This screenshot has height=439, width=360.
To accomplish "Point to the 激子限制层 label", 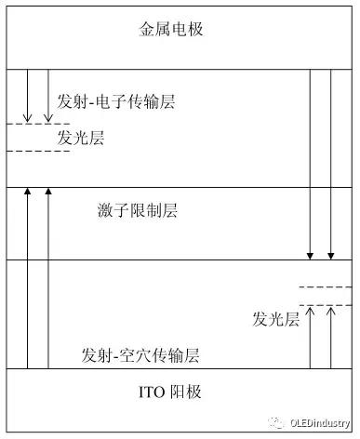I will (x=137, y=209).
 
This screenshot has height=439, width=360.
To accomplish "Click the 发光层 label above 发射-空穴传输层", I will (x=275, y=319).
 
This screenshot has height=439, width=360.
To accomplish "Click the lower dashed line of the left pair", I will (x=37, y=151).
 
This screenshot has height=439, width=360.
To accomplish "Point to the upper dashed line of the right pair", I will (x=325, y=287).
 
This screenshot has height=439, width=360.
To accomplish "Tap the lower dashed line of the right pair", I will (x=325, y=305).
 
